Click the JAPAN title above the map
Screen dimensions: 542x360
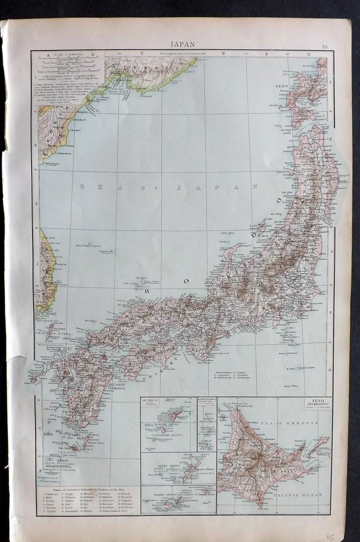[181, 44]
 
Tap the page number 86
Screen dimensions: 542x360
[324, 47]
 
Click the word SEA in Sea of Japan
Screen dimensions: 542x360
[99, 187]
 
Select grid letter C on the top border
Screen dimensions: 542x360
[142, 53]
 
